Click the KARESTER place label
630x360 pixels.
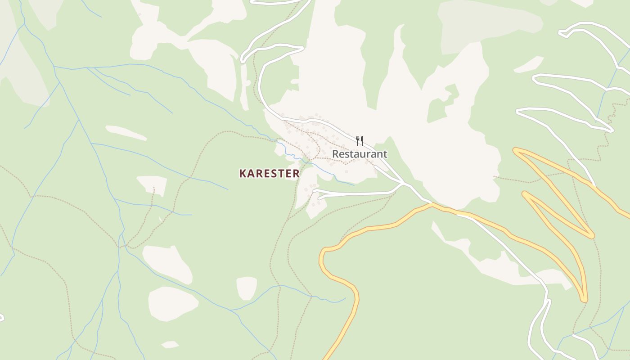coord(269,173)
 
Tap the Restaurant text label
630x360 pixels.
coord(360,154)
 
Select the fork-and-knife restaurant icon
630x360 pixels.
coord(360,141)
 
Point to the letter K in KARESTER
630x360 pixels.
coord(243,173)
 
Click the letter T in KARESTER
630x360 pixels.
coord(279,173)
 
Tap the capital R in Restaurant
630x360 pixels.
coord(336,154)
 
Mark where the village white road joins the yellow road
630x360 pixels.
coord(431,203)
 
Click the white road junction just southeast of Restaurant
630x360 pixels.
coord(403,183)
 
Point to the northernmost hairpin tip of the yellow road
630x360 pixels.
coord(516,150)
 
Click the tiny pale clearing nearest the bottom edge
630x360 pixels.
coord(170,345)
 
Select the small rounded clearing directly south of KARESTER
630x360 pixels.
coord(247,288)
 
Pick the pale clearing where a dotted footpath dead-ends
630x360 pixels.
coord(152,185)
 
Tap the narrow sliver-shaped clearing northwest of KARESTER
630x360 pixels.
coord(126,132)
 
